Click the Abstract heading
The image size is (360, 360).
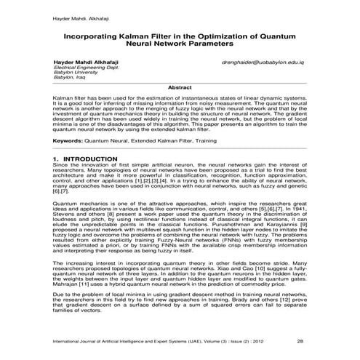180,87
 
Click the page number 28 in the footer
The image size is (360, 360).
300,340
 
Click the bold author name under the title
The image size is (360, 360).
85,63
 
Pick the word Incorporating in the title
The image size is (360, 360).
95,34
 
